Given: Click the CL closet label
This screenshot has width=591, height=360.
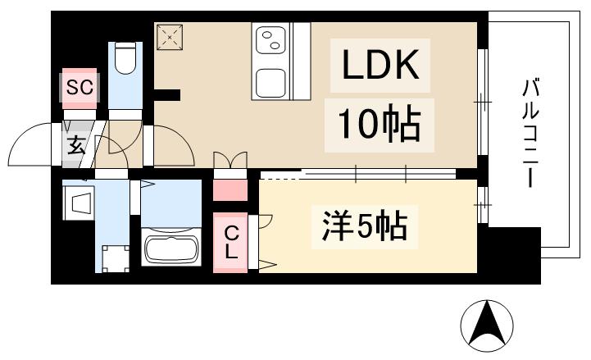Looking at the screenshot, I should tap(231, 242).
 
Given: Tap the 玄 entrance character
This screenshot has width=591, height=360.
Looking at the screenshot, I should tap(75, 148).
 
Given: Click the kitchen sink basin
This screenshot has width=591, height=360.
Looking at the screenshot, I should tap(274, 82).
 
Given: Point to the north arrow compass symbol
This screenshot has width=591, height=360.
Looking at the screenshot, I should tap(486, 326).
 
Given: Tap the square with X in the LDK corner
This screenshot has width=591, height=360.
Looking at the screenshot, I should tap(170, 37).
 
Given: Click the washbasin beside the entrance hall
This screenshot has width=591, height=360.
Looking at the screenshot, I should tap(81, 203).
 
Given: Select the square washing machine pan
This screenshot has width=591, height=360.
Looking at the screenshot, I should tap(115, 257).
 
